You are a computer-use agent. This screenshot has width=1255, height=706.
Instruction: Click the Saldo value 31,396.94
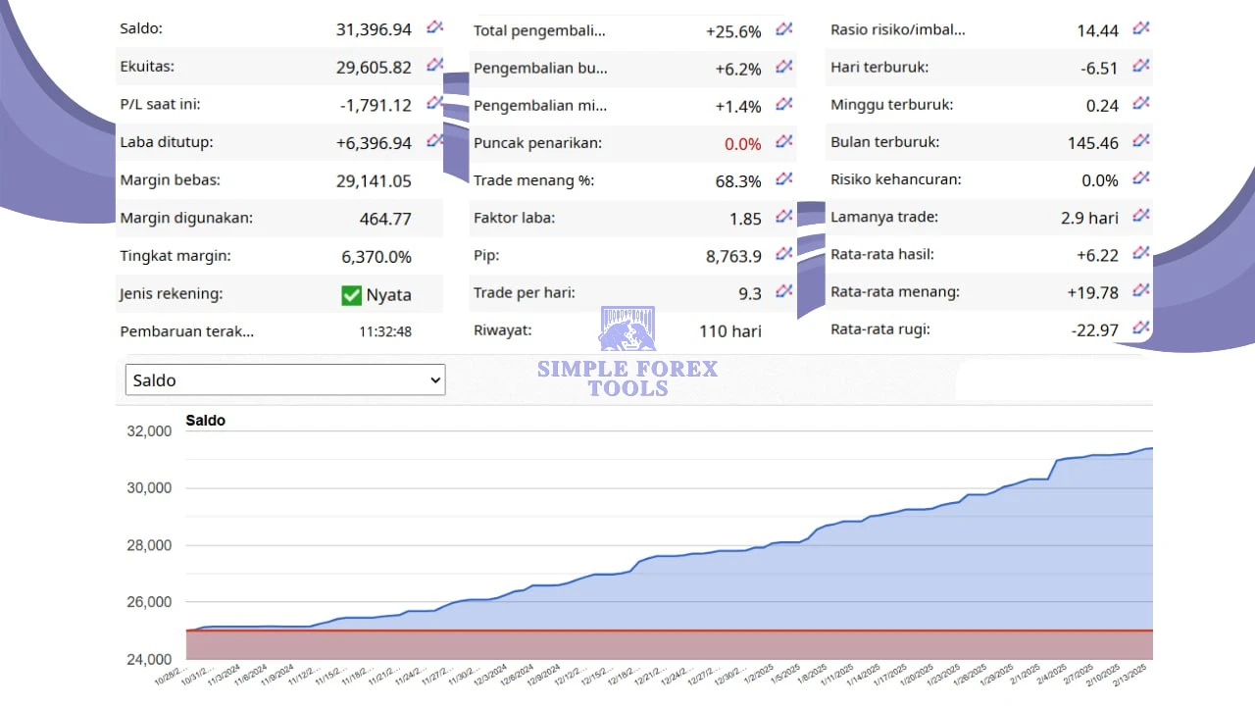click(374, 30)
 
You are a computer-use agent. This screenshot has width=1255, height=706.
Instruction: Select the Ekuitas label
click(147, 68)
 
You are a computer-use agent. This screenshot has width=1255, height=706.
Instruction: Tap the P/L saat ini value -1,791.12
click(376, 105)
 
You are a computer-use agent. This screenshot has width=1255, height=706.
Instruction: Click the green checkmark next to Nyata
click(351, 294)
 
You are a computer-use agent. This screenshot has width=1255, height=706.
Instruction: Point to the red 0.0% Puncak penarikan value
click(742, 144)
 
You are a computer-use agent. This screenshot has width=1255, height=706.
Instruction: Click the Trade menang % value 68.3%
click(738, 181)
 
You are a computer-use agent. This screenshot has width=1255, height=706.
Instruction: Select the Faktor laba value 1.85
click(745, 219)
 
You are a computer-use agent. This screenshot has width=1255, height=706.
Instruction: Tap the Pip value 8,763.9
click(733, 256)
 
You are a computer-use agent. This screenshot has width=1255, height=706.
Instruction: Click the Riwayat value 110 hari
click(729, 330)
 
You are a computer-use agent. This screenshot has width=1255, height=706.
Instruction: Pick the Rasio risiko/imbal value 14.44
click(1097, 30)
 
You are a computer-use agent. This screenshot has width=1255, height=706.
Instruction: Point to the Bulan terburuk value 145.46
click(1092, 143)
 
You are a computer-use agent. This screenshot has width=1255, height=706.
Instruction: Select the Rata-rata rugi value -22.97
click(1094, 330)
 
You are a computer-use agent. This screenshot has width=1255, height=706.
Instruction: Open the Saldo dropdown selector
click(285, 380)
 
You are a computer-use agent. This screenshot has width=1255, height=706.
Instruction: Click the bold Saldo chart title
click(205, 421)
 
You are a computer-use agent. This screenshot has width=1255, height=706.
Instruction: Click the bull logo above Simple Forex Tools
click(627, 329)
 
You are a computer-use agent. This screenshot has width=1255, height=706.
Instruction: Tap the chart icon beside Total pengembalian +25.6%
click(784, 29)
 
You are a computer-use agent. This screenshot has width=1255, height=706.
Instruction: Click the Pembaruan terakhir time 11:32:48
click(384, 331)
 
